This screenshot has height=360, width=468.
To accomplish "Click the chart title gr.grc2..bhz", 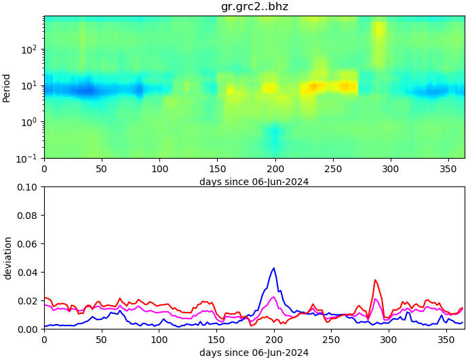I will click(254, 7).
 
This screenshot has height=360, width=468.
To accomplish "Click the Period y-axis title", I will click(7, 87).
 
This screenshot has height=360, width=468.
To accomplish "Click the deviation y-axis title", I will click(7, 258).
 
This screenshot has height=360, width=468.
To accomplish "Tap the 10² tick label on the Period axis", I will click(31, 49).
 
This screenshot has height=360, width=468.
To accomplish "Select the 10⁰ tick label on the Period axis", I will click(31, 122).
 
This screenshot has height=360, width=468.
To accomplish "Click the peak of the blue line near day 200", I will click(274, 268).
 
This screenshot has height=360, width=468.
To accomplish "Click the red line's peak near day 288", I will click(374, 279).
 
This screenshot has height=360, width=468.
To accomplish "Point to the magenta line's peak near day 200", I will click(273, 297).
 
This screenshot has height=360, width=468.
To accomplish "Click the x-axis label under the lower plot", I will click(254, 353).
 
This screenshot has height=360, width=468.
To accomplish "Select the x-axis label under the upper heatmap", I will click(254, 182).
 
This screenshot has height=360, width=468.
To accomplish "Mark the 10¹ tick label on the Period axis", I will click(31, 86).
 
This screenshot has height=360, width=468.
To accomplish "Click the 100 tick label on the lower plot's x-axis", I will click(159, 340).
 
